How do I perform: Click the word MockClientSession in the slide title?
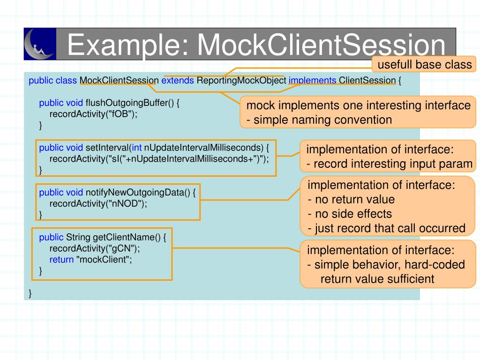point(321,45)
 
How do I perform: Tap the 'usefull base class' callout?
point(424,64)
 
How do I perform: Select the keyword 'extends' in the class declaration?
point(178,80)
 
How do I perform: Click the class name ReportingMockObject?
point(241,81)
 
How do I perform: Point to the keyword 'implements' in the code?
point(312,81)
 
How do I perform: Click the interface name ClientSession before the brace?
point(367,80)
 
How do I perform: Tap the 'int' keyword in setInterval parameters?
point(136,148)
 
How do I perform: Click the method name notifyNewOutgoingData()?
point(138,193)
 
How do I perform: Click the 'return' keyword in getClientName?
point(61,260)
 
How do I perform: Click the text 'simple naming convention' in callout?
point(322,120)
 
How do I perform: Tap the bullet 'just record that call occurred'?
point(387,228)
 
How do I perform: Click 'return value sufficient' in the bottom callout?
point(377,279)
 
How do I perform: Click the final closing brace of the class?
point(30,293)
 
